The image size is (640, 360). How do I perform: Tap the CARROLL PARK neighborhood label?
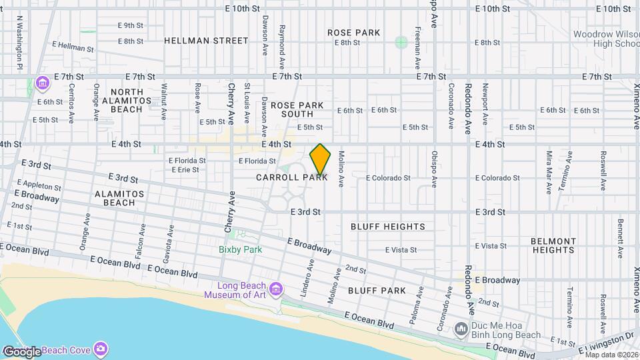(292, 178)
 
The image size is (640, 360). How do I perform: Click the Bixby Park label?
(241, 250)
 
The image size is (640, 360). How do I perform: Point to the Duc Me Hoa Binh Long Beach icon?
(461, 329)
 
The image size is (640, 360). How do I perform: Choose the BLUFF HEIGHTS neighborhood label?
(388, 227)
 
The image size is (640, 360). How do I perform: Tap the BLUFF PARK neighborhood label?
(377, 291)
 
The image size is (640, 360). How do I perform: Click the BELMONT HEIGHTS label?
(553, 245)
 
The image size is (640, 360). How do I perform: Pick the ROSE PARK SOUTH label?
(297, 110)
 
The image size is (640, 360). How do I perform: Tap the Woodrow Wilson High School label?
(604, 39)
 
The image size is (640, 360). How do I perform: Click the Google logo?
(22, 351)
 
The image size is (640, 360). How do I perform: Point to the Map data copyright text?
(611, 354)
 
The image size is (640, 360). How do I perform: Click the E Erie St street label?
(185, 170)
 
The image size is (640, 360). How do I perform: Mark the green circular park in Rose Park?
(401, 43)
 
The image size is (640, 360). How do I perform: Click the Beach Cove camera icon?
(101, 349)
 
